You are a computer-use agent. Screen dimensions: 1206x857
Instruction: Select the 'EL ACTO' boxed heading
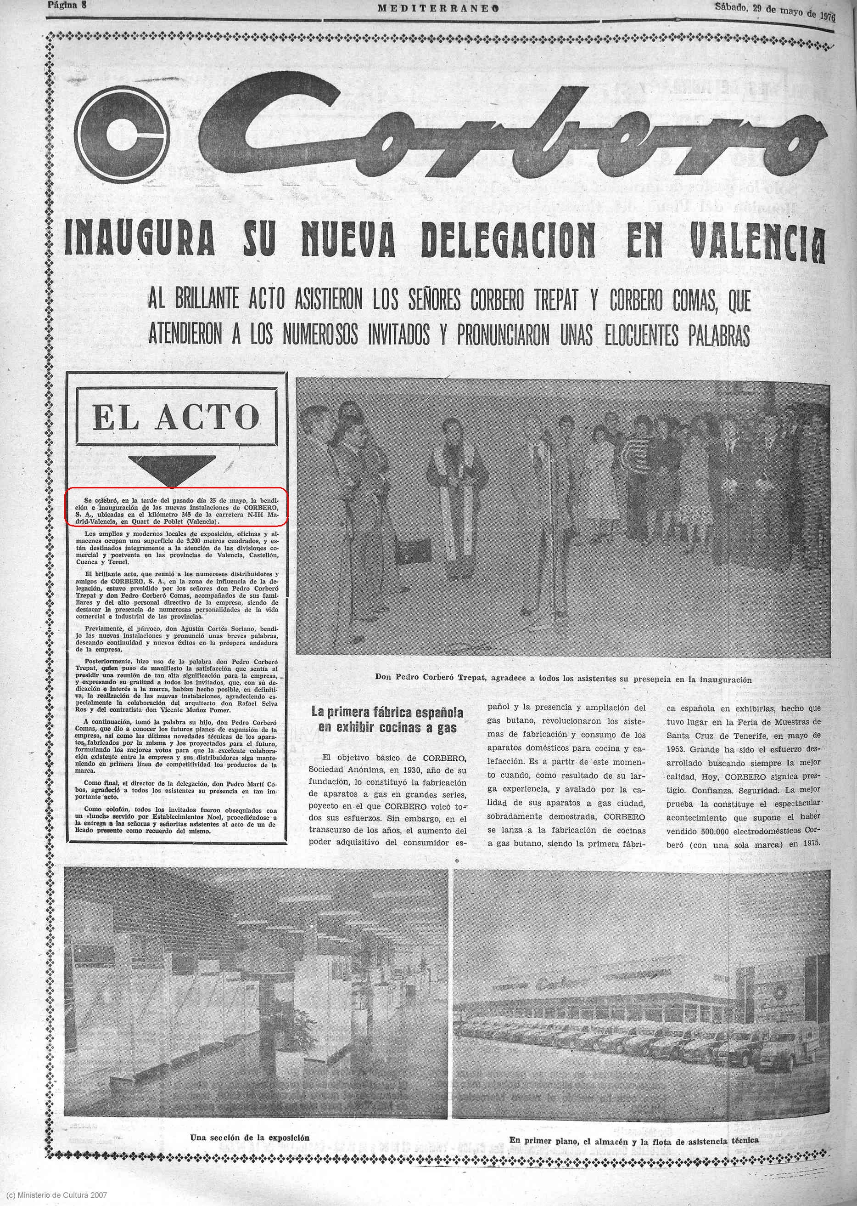pyautogui.click(x=176, y=418)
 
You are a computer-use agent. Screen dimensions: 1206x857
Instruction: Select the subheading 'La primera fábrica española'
pyautogui.click(x=387, y=712)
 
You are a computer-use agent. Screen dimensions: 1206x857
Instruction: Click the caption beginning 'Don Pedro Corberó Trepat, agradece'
pyautogui.click(x=563, y=679)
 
